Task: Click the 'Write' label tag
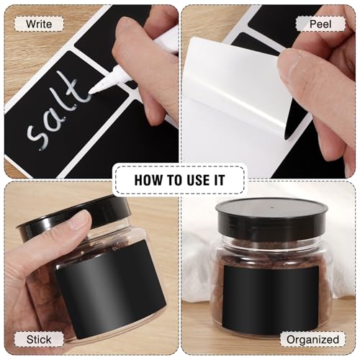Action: point(39,24)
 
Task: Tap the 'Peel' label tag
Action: point(320,24)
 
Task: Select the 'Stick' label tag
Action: point(39,339)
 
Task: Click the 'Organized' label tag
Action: point(312,339)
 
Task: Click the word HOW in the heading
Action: point(148,180)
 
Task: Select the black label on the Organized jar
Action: point(271,298)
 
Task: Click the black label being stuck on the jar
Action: point(109,288)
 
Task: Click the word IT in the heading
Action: point(220,180)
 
